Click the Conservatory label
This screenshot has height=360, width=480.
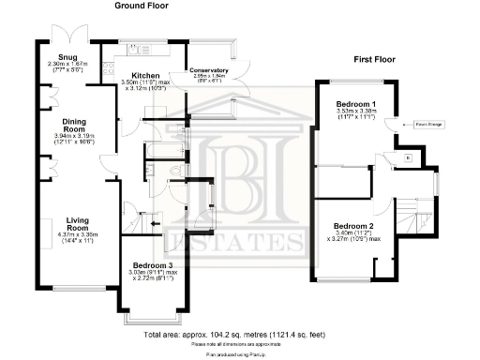tap(208, 70)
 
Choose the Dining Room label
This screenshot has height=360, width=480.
tap(74, 125)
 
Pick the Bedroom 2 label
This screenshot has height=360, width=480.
tap(352, 225)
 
